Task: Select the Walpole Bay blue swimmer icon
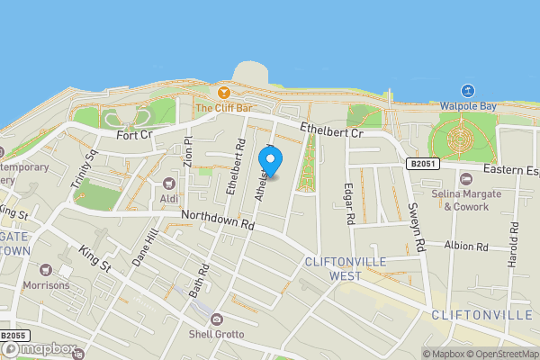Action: coord(467,90)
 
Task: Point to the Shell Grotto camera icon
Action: coord(217,319)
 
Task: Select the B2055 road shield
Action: coord(11,337)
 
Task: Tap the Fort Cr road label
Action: coord(135,135)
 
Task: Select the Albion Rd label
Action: coord(465,246)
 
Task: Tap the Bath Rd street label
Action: coord(199,281)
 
